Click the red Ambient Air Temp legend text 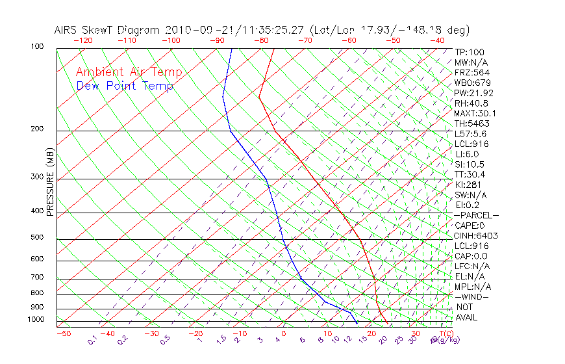tap(129, 72)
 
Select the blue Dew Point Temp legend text tap(125, 86)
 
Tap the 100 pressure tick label tap(37, 47)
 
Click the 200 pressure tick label tap(37, 129)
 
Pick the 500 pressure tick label tap(37, 238)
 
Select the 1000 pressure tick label tap(35, 320)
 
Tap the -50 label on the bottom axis tap(63, 333)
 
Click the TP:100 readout tap(469, 52)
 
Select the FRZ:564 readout tap(472, 73)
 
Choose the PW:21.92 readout tap(474, 93)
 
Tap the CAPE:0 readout tap(471, 226)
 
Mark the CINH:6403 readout tap(475, 235)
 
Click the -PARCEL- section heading tap(476, 215)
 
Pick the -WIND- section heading tap(471, 296)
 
